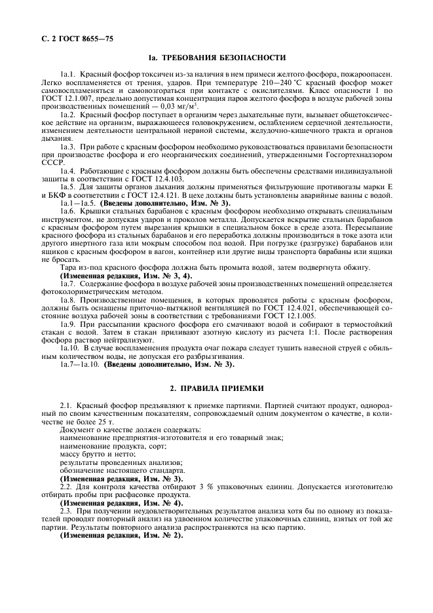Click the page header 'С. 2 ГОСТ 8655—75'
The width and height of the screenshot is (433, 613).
point(73,39)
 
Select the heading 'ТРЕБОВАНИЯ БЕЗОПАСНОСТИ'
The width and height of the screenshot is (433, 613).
point(222,58)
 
